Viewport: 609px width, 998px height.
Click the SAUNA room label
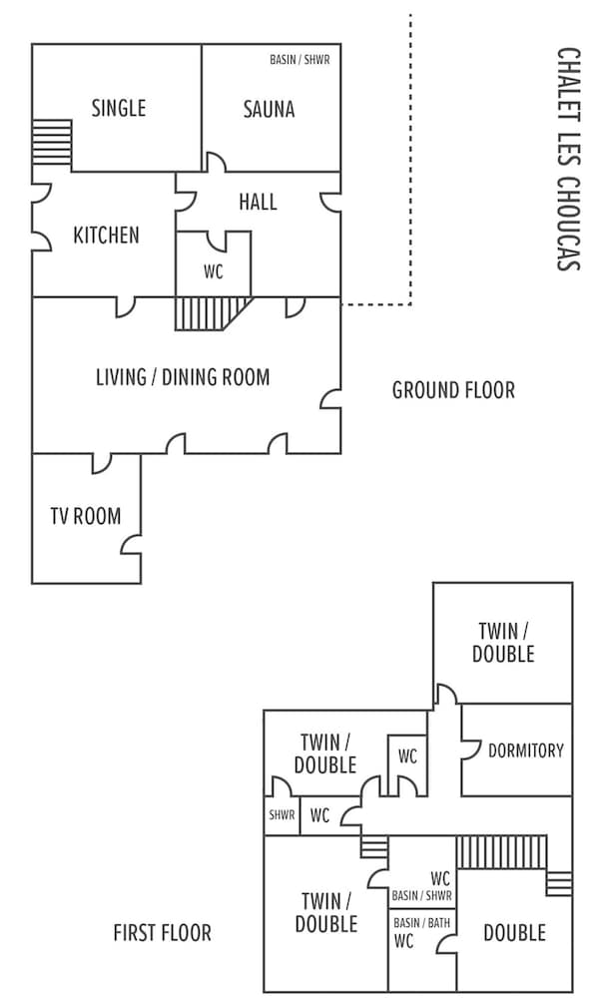click(269, 110)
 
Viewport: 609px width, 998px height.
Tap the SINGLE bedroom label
click(119, 108)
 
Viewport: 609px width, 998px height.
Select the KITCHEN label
click(106, 236)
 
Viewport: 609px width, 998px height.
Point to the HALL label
click(258, 203)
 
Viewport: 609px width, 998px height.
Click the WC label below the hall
click(214, 272)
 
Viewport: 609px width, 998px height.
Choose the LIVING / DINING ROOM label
click(183, 377)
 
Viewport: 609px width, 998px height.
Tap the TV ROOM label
click(86, 516)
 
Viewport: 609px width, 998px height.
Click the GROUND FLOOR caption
click(453, 390)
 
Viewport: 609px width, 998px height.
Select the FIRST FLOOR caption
click(162, 933)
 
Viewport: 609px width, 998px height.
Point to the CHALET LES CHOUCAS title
click(568, 159)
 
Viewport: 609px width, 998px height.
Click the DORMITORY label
click(526, 751)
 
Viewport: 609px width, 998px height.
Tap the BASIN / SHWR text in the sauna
click(300, 60)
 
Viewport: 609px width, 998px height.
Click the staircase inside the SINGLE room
click(52, 143)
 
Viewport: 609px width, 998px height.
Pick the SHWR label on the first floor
click(282, 814)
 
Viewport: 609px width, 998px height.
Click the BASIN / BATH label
click(421, 923)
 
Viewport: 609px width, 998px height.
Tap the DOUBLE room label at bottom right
click(515, 933)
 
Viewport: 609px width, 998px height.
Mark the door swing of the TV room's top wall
click(102, 464)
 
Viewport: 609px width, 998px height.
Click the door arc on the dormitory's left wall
click(471, 749)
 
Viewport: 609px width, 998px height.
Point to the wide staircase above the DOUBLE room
click(501, 852)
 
